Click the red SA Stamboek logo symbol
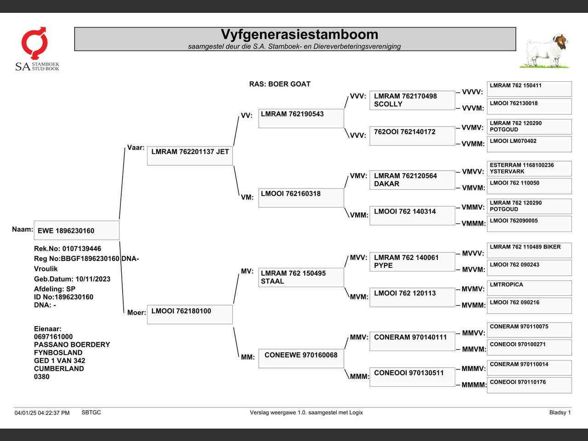tap(34, 43)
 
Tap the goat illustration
tap(545, 51)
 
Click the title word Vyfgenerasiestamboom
tap(300, 34)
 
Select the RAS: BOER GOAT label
tap(280, 84)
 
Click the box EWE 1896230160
tap(77, 230)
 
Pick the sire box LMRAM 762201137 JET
tap(190, 156)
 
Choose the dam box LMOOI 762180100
tap(190, 314)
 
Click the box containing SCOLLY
tap(412, 100)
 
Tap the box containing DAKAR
tap(412, 180)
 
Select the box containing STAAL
tap(301, 277)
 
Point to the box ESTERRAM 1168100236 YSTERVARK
tap(529, 169)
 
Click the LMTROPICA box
tap(529, 288)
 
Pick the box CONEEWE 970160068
tap(301, 358)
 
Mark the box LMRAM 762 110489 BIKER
tap(529, 250)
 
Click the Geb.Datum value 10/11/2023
tap(93, 279)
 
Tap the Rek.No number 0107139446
tap(82, 249)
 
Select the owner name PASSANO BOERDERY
tap(72, 345)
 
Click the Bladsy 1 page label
tap(560, 413)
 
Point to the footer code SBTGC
tap(91, 413)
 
